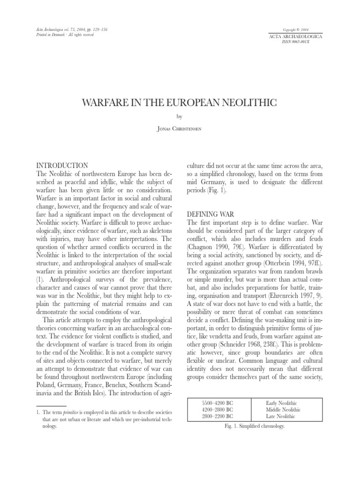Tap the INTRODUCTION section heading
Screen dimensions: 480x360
click(62, 165)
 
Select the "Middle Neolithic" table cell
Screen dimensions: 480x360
click(283, 410)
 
